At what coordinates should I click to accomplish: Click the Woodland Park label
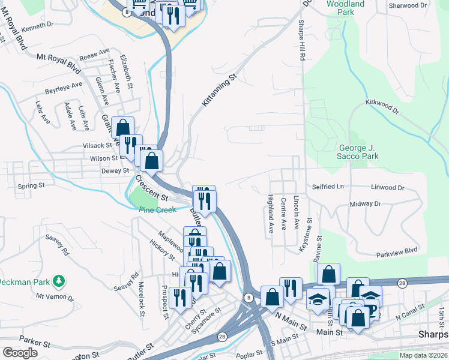(x=345, y=8)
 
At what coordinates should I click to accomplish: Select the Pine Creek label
(x=157, y=210)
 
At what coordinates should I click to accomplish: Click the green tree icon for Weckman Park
(x=59, y=280)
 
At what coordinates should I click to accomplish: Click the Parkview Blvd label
(x=396, y=251)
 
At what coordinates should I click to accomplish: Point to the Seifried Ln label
(x=328, y=187)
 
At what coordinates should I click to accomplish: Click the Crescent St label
(x=151, y=187)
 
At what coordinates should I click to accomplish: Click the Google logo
(x=20, y=352)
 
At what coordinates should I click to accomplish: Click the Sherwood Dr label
(x=408, y=5)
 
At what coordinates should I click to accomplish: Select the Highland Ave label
(x=271, y=214)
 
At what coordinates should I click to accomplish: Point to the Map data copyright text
(x=424, y=355)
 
